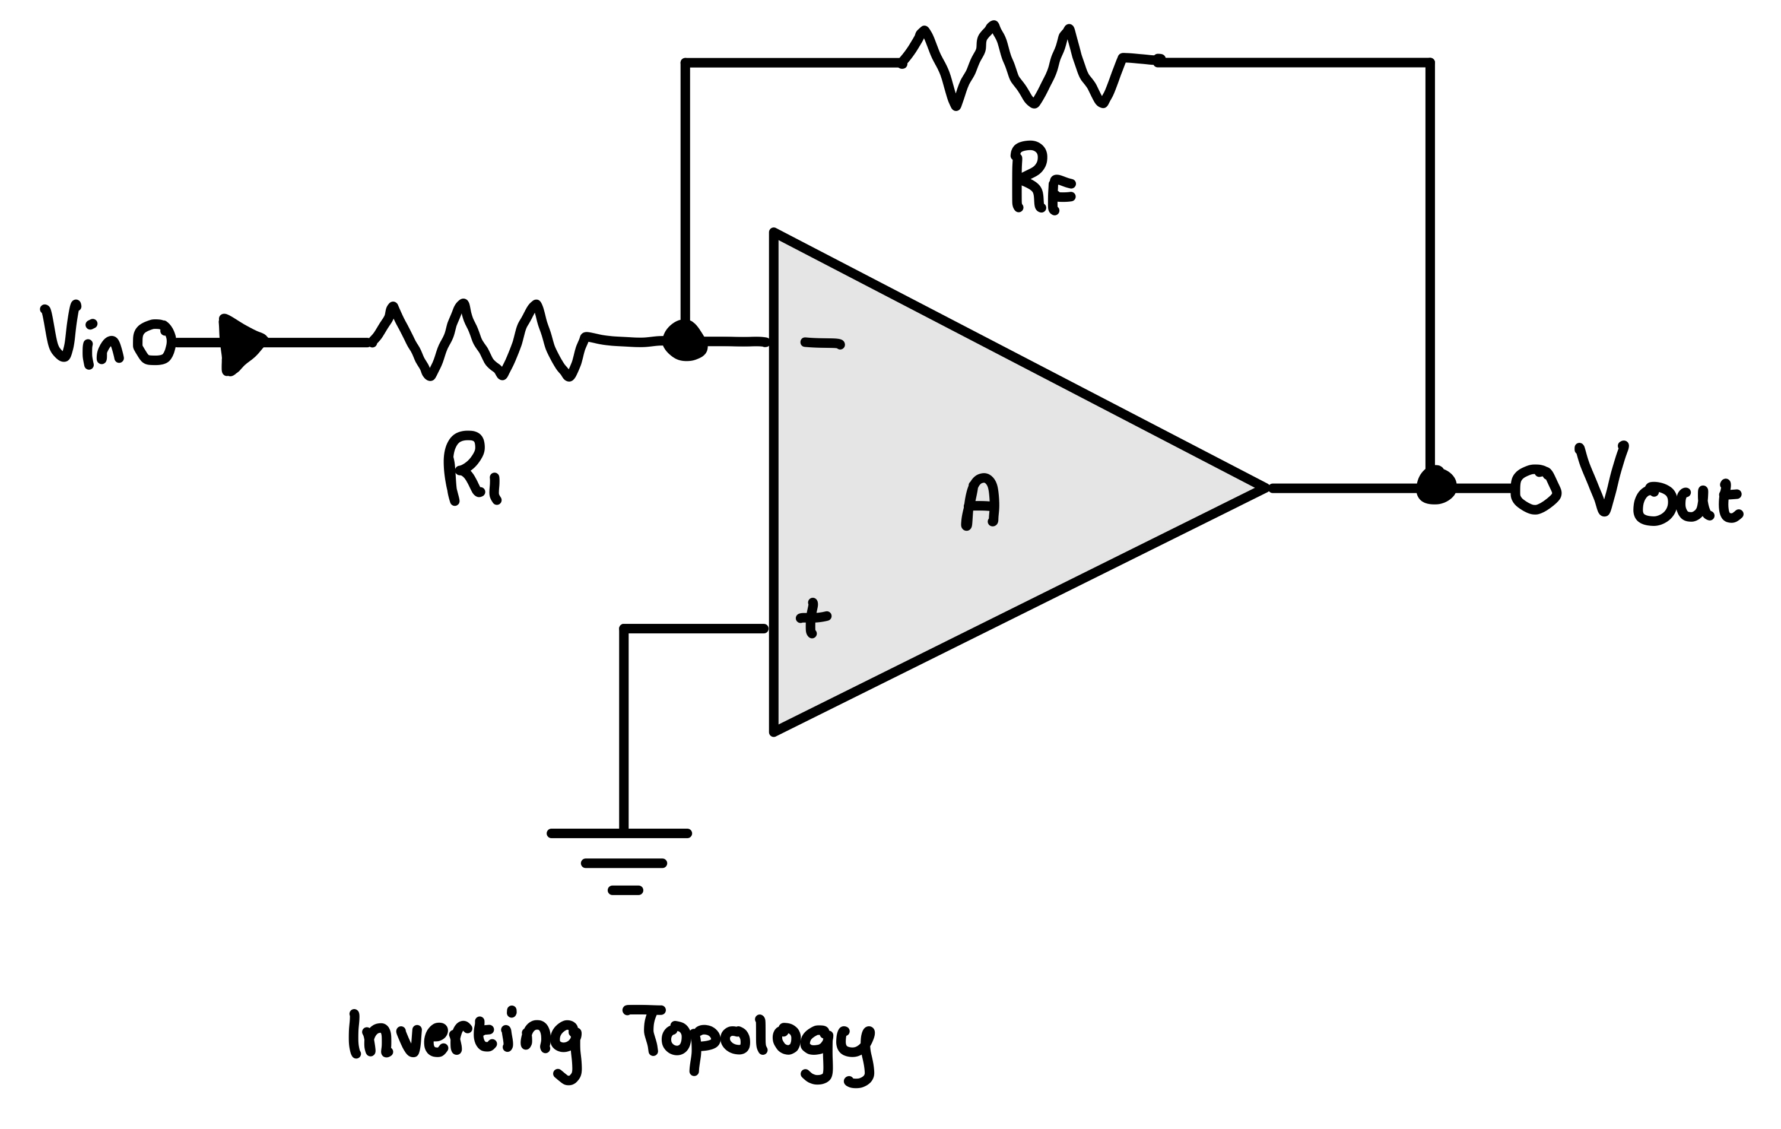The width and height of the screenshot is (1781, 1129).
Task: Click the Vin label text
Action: (81, 337)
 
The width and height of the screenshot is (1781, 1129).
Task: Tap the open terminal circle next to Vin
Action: (154, 342)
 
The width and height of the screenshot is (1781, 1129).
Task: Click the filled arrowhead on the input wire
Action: (240, 344)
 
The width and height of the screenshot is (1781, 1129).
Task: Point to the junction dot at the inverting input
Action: (685, 342)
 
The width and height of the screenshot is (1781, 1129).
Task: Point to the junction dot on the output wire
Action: (1436, 487)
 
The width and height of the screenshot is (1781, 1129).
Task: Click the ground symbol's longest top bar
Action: (620, 834)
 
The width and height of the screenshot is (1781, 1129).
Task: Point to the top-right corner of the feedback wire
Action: (1430, 64)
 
